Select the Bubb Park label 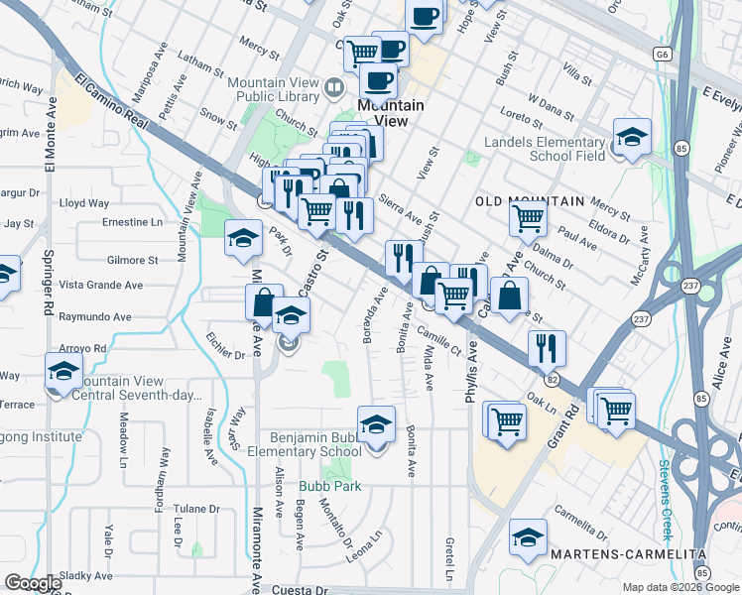pyautogui.click(x=332, y=486)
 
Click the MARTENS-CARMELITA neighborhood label pyautogui.click(x=637, y=553)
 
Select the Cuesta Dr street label pyautogui.click(x=306, y=588)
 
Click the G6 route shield pyautogui.click(x=664, y=54)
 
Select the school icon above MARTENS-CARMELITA pyautogui.click(x=528, y=537)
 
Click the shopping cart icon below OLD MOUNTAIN pyautogui.click(x=528, y=217)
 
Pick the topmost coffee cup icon pyautogui.click(x=424, y=15)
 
